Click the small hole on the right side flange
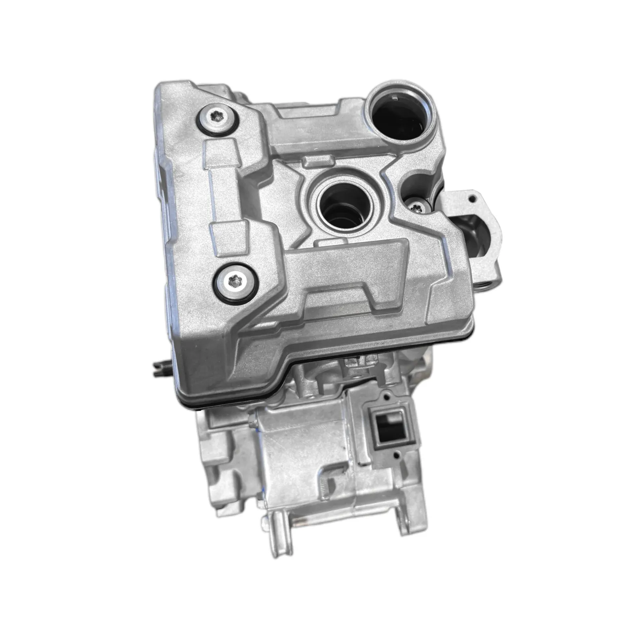[471, 199]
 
